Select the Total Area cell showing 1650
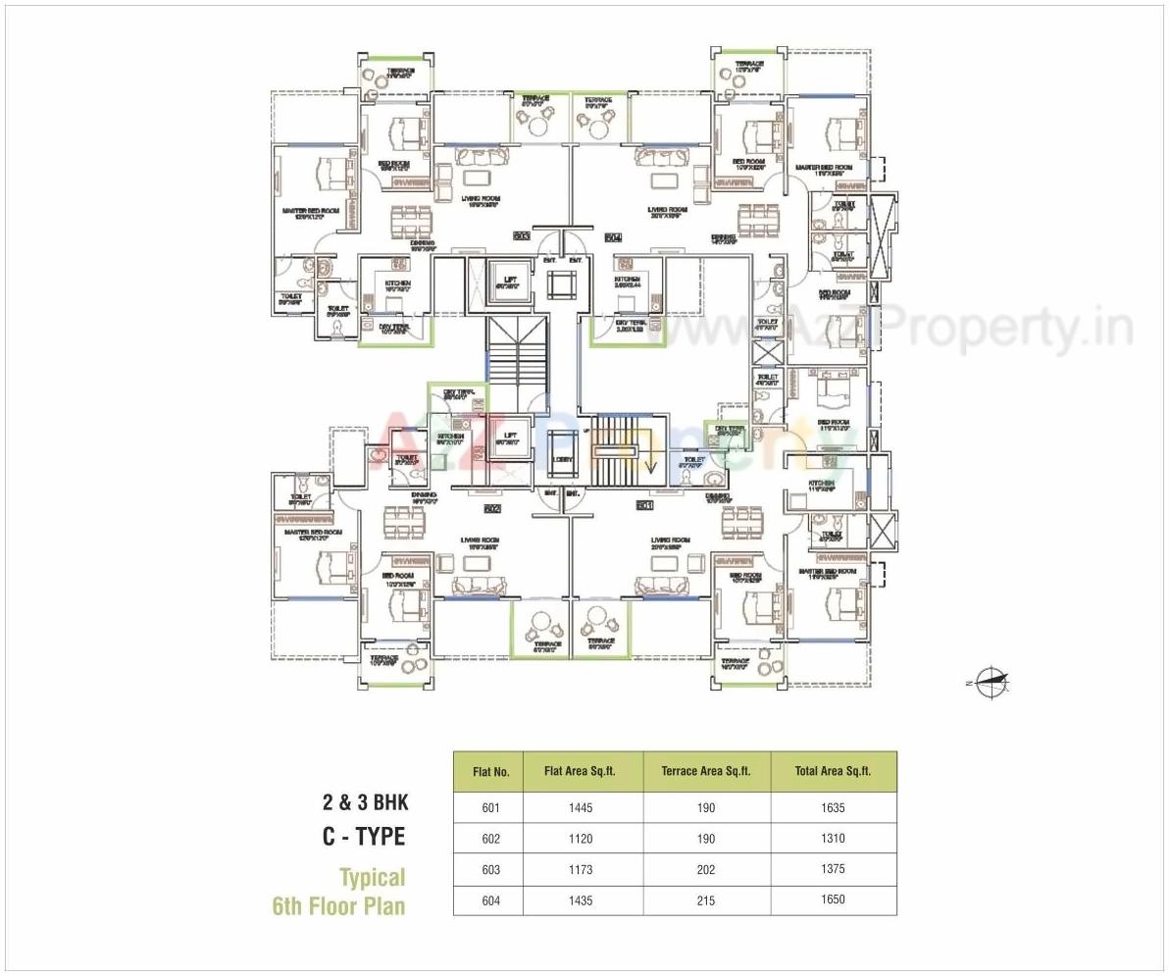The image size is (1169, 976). (x=834, y=899)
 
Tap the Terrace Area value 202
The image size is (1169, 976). (x=706, y=869)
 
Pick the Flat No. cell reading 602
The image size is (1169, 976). (x=490, y=839)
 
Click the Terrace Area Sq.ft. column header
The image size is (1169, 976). (x=706, y=771)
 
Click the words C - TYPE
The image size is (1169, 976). (x=364, y=836)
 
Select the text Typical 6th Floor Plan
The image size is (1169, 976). (x=339, y=891)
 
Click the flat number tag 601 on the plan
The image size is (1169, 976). (x=644, y=505)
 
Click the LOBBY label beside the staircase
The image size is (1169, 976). (x=563, y=458)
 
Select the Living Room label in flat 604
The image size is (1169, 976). (x=667, y=209)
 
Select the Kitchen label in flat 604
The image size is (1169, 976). (x=628, y=280)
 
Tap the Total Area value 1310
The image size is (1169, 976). (x=834, y=839)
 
